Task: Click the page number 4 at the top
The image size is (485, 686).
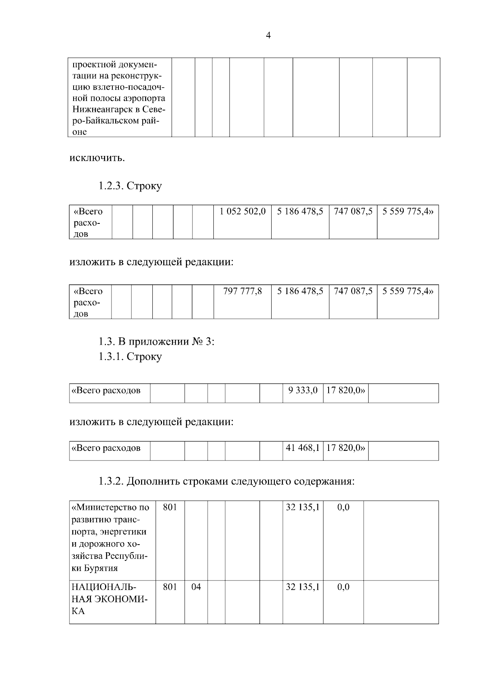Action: click(x=268, y=36)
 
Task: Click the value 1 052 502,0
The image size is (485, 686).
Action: click(x=242, y=211)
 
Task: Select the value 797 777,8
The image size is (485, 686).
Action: click(x=242, y=291)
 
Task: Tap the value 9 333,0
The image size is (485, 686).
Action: click(x=303, y=390)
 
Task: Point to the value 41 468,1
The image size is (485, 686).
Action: click(x=303, y=448)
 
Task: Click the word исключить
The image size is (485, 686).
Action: click(x=97, y=157)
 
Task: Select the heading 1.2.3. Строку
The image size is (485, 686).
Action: click(x=130, y=186)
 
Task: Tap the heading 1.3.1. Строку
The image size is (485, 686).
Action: click(x=130, y=356)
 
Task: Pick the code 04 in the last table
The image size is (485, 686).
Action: click(x=196, y=587)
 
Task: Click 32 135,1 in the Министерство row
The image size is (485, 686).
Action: click(x=303, y=507)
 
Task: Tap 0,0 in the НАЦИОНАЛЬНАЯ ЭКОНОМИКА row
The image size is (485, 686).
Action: click(x=343, y=587)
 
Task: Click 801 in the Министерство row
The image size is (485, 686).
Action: click(x=170, y=507)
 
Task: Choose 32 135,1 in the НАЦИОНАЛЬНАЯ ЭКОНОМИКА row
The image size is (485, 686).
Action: click(x=303, y=587)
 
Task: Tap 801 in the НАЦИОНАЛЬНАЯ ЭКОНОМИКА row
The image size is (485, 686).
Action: click(x=170, y=587)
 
